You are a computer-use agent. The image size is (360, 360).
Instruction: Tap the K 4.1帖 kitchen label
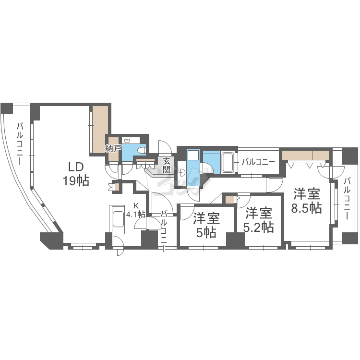pos(136,210)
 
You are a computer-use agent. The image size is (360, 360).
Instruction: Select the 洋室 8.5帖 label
pos(306,201)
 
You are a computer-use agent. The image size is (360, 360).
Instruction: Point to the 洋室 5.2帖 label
pos(259,220)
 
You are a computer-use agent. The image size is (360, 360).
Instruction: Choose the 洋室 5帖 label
pos(206,225)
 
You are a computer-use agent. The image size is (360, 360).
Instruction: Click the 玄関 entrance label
pos(167,166)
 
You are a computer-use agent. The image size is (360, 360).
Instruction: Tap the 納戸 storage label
pos(113,148)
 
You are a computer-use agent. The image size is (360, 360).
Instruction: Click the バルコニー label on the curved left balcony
pos(20,144)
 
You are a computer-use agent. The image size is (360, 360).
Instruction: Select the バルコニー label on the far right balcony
pos(348,199)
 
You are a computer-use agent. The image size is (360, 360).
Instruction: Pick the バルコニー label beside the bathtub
pos(258,162)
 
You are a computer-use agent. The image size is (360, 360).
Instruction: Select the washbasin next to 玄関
pos(182,172)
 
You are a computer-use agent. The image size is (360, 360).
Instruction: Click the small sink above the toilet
pos(127,141)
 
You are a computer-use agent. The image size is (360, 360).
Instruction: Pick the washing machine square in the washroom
pos(193,155)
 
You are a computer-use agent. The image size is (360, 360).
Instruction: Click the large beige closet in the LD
pos(100,130)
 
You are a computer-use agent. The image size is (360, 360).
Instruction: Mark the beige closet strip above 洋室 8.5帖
pos(306,156)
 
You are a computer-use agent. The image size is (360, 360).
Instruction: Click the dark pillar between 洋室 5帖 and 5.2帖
pos(235,240)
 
